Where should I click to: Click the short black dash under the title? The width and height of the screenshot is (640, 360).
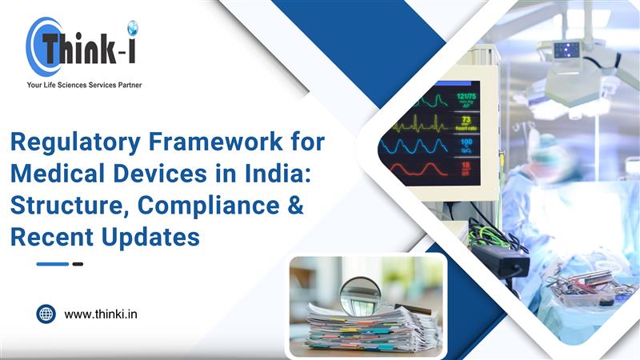[78, 264]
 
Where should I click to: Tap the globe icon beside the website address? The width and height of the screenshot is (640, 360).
[46, 314]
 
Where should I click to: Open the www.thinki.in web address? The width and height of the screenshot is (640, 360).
[101, 314]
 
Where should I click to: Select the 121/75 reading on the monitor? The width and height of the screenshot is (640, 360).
[466, 98]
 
